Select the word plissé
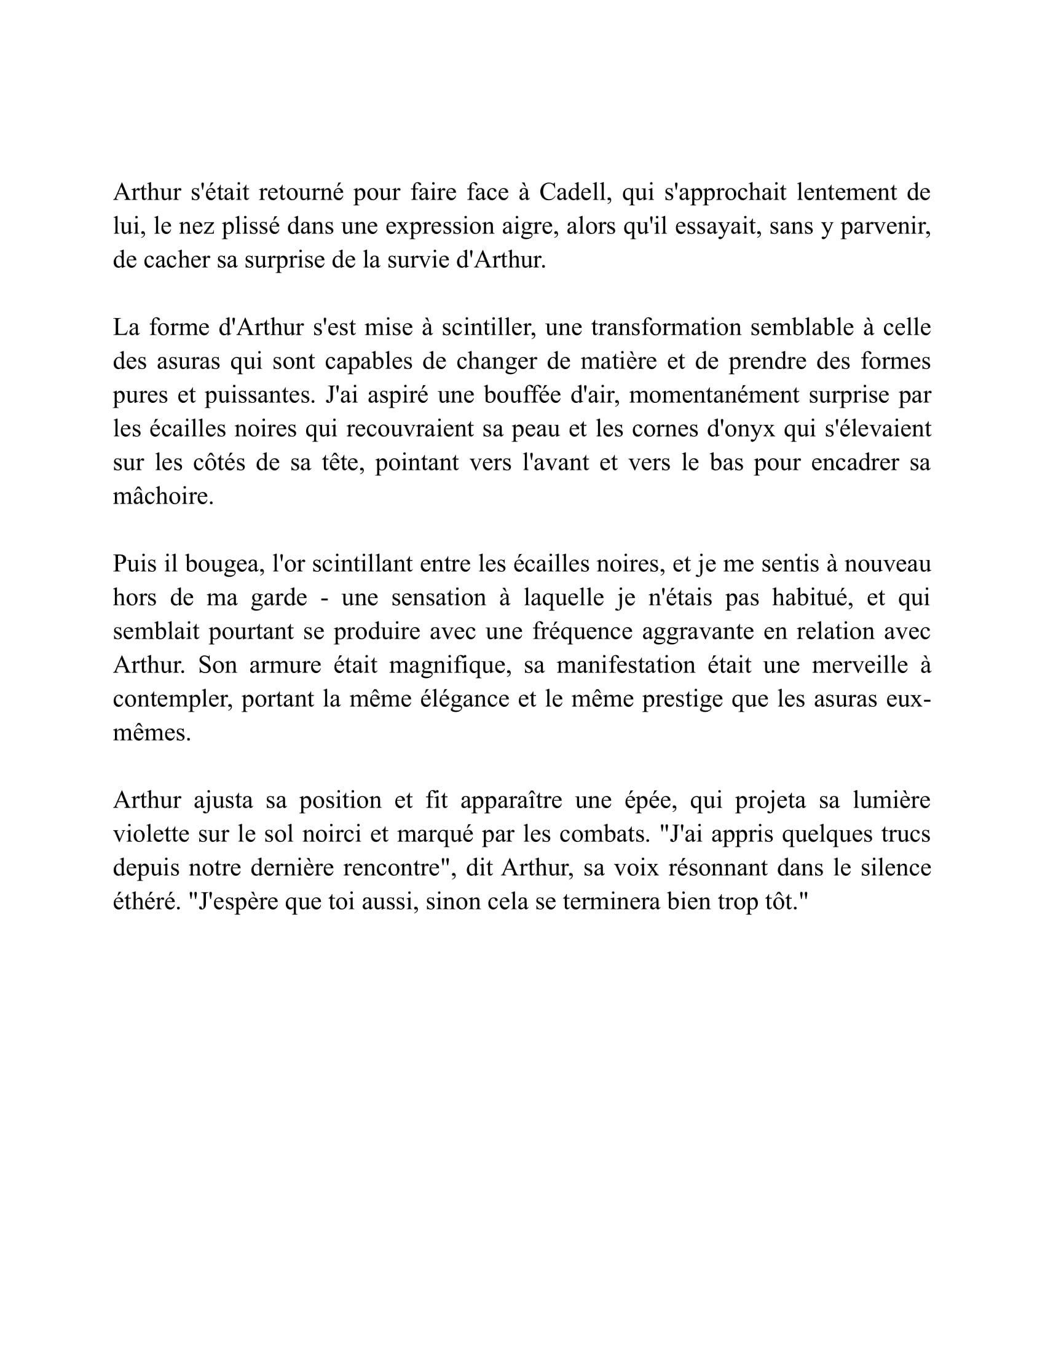(x=250, y=227)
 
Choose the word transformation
(x=666, y=327)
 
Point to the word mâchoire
(x=163, y=496)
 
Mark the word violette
(x=150, y=834)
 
